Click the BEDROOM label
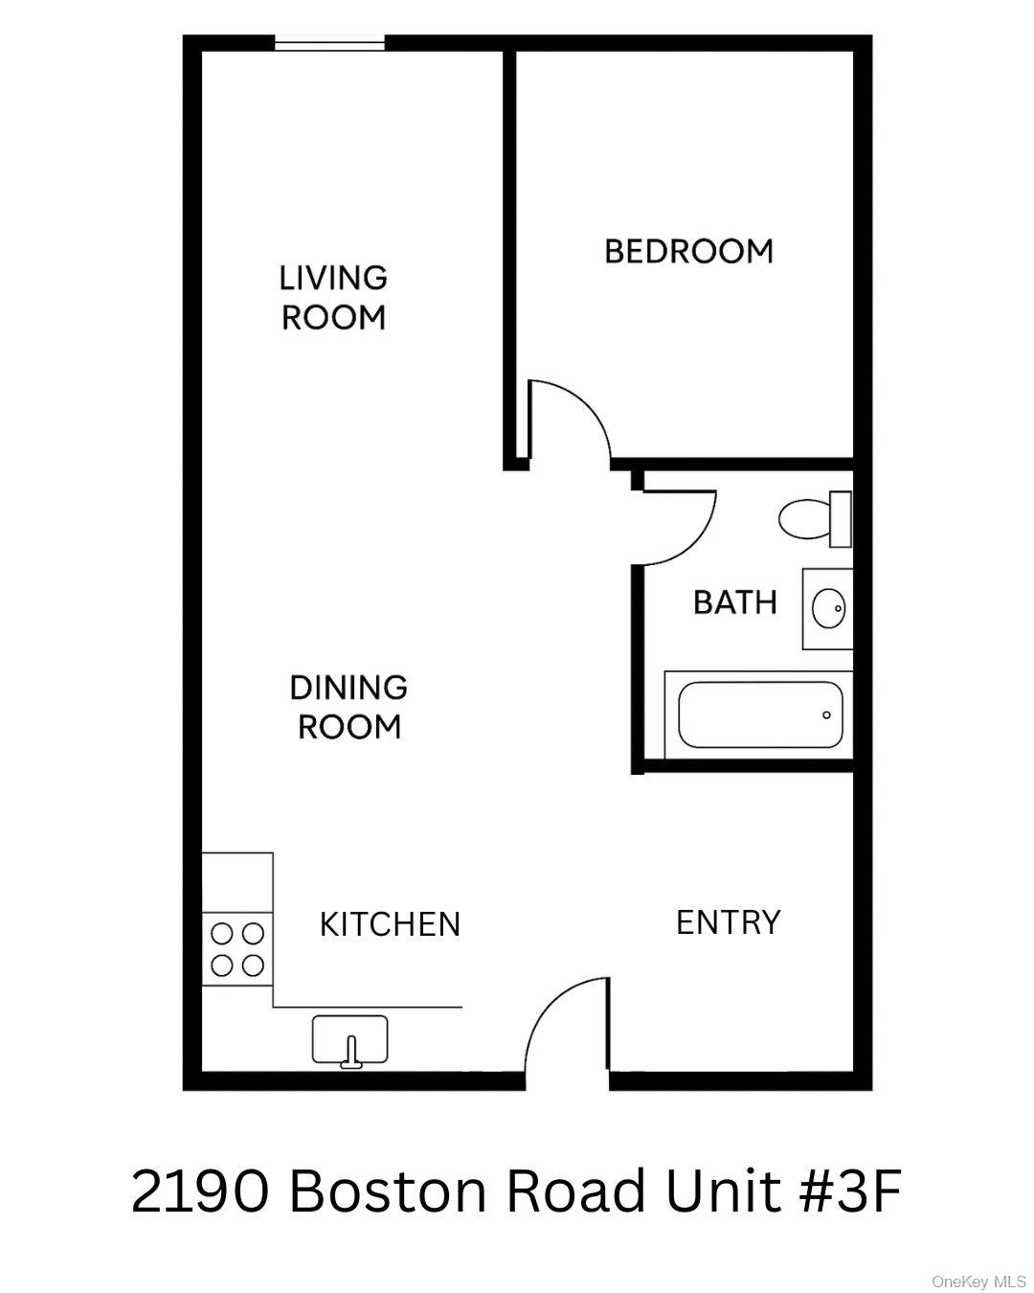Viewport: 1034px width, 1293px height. point(688,251)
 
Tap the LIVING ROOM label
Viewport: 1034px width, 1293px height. point(333,297)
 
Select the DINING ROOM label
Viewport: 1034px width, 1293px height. point(348,707)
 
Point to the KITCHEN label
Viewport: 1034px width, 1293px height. point(390,924)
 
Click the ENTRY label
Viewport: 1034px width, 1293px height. point(728,922)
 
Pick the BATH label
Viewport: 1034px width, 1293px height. point(734,602)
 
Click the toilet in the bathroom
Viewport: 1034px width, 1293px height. point(813,518)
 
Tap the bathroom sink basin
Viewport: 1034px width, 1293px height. point(828,607)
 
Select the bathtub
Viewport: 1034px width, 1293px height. point(759,715)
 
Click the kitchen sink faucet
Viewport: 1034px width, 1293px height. point(351,1052)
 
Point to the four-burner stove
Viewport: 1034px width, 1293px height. point(237,947)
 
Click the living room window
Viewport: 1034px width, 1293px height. point(330,43)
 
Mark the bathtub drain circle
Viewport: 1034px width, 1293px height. point(826,715)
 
